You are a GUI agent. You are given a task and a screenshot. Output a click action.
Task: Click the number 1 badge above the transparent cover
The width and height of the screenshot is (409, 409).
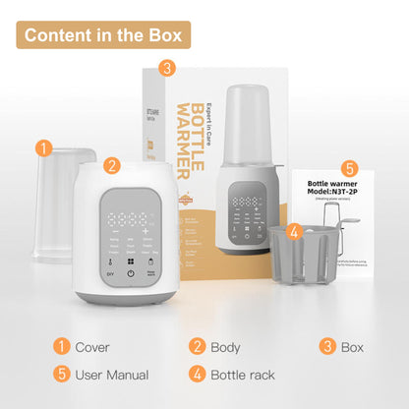[43, 148]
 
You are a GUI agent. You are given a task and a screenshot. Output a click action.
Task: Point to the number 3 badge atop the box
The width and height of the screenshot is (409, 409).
[167, 68]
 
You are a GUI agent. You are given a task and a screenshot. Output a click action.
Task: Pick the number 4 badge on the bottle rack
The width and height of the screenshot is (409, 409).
[293, 232]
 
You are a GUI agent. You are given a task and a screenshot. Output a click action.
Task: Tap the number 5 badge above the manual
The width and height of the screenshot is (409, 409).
[350, 168]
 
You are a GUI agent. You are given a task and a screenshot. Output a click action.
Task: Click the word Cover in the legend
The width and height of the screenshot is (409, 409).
[92, 347]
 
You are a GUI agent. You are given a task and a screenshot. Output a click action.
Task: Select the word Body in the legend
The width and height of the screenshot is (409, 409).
[225, 347]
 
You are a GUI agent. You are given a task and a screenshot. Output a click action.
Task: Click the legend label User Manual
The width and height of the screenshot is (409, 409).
[112, 375]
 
